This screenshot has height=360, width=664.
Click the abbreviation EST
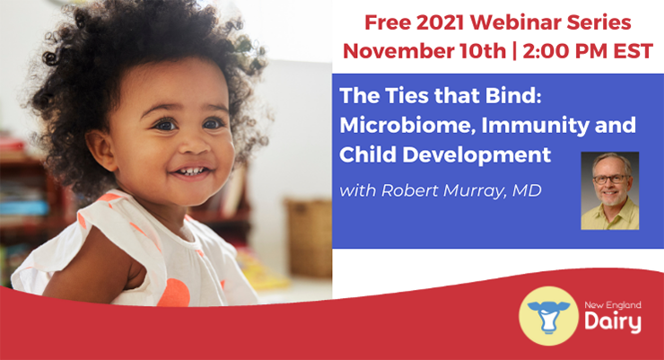[633, 51]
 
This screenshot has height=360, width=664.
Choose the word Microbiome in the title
[406, 126]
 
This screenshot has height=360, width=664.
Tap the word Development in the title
[476, 155]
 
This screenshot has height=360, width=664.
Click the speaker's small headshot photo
[610, 191]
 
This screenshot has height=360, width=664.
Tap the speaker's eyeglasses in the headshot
[611, 180]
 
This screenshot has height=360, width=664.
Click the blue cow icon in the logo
[548, 316]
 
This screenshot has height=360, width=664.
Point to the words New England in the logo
[613, 305]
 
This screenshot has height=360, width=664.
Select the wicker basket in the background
[309, 238]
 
